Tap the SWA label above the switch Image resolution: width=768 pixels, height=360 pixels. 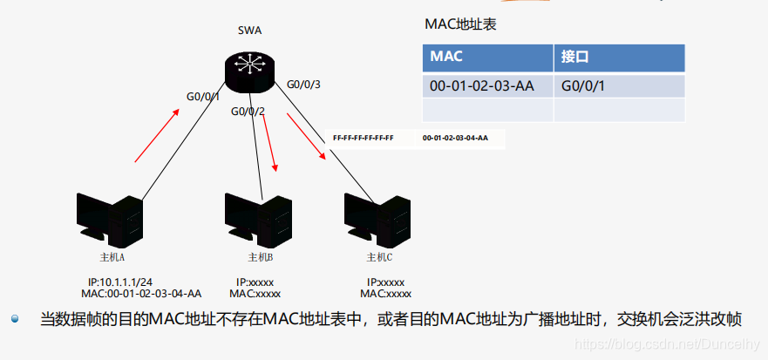click(249, 31)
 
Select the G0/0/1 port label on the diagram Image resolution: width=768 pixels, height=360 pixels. click(203, 96)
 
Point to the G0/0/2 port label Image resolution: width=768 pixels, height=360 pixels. click(248, 111)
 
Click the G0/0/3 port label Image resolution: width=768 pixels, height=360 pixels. click(303, 85)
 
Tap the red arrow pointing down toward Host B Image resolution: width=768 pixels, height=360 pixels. click(270, 146)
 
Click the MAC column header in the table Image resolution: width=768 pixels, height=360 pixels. click(446, 58)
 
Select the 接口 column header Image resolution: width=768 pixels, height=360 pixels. click(575, 58)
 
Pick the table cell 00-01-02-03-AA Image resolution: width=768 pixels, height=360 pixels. click(482, 85)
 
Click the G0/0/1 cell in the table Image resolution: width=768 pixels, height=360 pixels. click(583, 85)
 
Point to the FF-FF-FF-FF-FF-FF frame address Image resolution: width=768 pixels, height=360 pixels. click(364, 138)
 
